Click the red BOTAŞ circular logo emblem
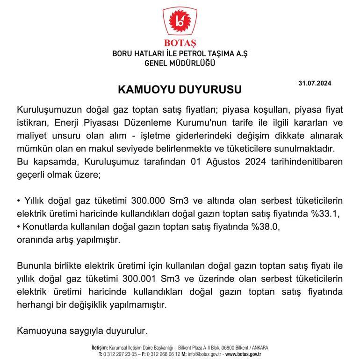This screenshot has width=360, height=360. coord(180,22)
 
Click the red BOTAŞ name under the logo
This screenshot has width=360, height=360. coord(180,45)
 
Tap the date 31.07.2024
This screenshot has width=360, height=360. coord(315,83)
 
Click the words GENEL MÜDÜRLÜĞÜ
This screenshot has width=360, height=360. coord(180,64)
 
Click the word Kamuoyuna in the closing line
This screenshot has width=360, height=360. coord(39,331)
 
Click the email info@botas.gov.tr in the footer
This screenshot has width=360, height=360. coord(206,355)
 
